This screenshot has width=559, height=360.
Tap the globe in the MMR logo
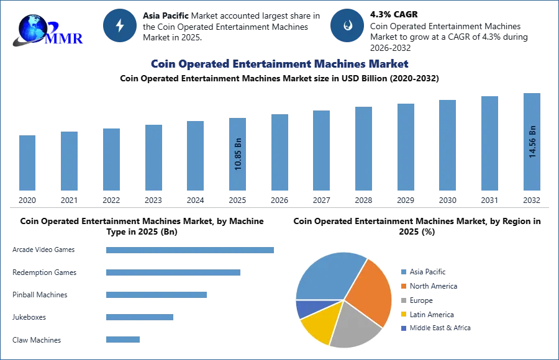pos(31,27)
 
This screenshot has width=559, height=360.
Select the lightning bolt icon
pos(120,25)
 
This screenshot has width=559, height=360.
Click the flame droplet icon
pos(347,25)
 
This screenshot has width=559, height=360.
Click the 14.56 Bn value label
pos(532,142)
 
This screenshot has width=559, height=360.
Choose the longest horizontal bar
pos(191,249)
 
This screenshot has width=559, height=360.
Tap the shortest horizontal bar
pos(124,338)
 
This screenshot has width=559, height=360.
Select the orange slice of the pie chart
pos(369,292)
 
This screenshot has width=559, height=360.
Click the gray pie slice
pos(354,326)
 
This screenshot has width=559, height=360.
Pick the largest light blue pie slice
pos(326,276)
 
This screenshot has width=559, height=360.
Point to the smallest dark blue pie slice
pos(305,308)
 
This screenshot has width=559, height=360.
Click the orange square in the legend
pos(403,287)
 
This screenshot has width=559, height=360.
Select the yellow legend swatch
pos(403,314)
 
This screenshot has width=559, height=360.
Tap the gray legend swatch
pos(403,300)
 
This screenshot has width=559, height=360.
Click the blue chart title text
pos(279,64)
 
